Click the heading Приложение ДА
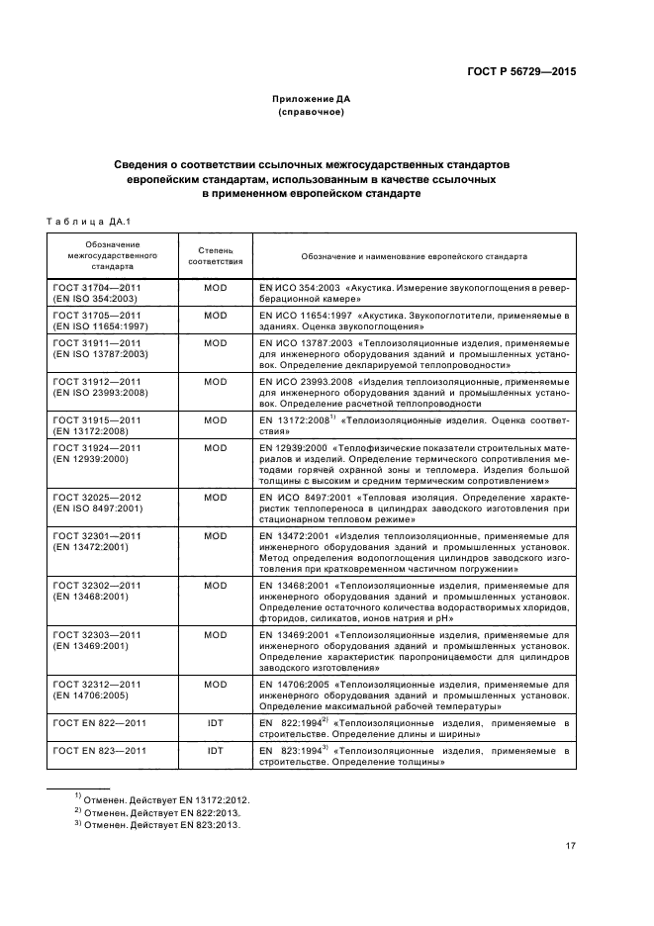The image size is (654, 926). point(312,100)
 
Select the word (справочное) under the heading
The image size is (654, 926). point(312,113)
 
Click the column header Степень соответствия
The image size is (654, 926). point(215,256)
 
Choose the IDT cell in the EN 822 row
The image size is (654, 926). point(215,724)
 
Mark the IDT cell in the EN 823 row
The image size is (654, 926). point(215,751)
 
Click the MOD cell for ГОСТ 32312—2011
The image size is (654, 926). point(215,684)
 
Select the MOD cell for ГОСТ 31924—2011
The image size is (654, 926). point(215,447)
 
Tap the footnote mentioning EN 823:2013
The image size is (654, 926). point(160,825)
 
